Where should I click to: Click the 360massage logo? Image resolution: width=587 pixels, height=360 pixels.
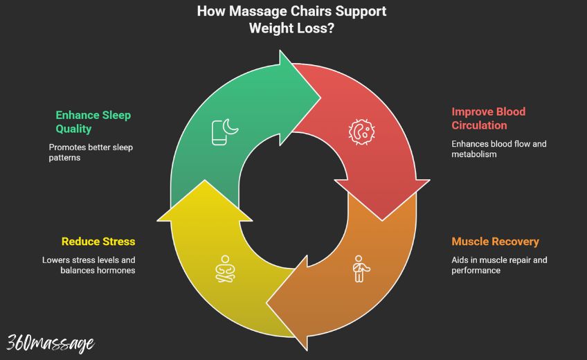[51, 342]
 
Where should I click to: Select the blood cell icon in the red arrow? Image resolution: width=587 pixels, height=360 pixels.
[361, 132]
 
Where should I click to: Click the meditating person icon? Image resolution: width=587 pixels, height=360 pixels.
[224, 269]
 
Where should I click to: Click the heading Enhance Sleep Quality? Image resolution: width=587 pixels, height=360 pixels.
[93, 121]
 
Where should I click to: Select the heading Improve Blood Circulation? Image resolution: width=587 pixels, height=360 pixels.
[488, 118]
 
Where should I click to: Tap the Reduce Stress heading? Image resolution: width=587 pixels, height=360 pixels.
[98, 242]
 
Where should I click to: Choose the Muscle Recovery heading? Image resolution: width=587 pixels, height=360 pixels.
[495, 242]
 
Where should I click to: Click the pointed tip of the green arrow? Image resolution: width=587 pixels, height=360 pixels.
[320, 97]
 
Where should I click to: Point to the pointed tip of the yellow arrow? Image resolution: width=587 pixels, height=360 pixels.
[205, 181]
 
